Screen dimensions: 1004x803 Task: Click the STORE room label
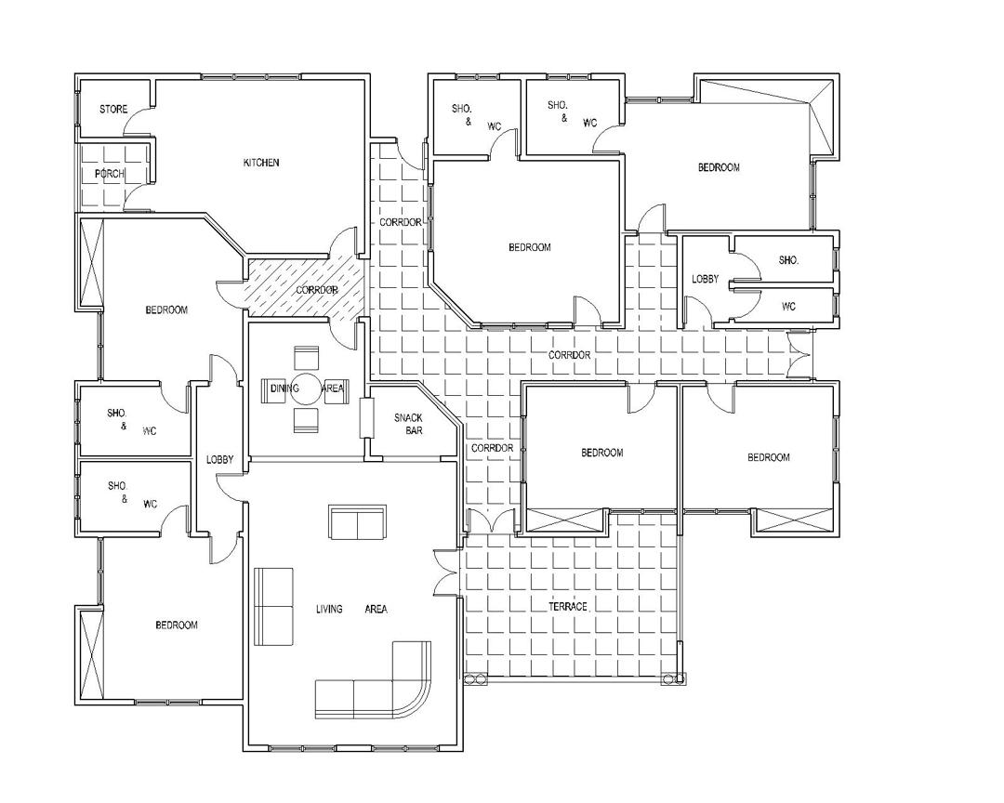click(x=113, y=110)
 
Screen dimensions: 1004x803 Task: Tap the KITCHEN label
click(x=261, y=163)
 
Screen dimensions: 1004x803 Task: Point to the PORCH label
click(x=110, y=174)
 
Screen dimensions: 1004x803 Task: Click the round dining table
click(x=306, y=388)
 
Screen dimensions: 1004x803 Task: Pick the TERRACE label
click(x=567, y=606)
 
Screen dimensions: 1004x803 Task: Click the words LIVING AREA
click(x=351, y=609)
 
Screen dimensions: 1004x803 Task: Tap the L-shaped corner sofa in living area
click(x=373, y=680)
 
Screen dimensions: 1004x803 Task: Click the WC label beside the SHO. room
click(x=788, y=307)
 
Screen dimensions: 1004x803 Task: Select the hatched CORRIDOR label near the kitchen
click(x=316, y=290)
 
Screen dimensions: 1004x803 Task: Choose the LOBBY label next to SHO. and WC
click(x=705, y=279)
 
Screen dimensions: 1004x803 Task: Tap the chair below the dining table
click(x=306, y=420)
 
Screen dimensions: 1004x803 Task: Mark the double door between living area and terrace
click(x=446, y=572)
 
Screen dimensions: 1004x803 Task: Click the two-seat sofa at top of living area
click(x=357, y=522)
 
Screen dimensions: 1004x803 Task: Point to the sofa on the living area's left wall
click(x=274, y=606)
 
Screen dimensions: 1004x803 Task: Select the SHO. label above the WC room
click(x=788, y=260)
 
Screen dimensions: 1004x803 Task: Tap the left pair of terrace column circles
click(x=476, y=678)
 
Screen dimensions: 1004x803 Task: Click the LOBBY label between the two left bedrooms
click(x=219, y=460)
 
